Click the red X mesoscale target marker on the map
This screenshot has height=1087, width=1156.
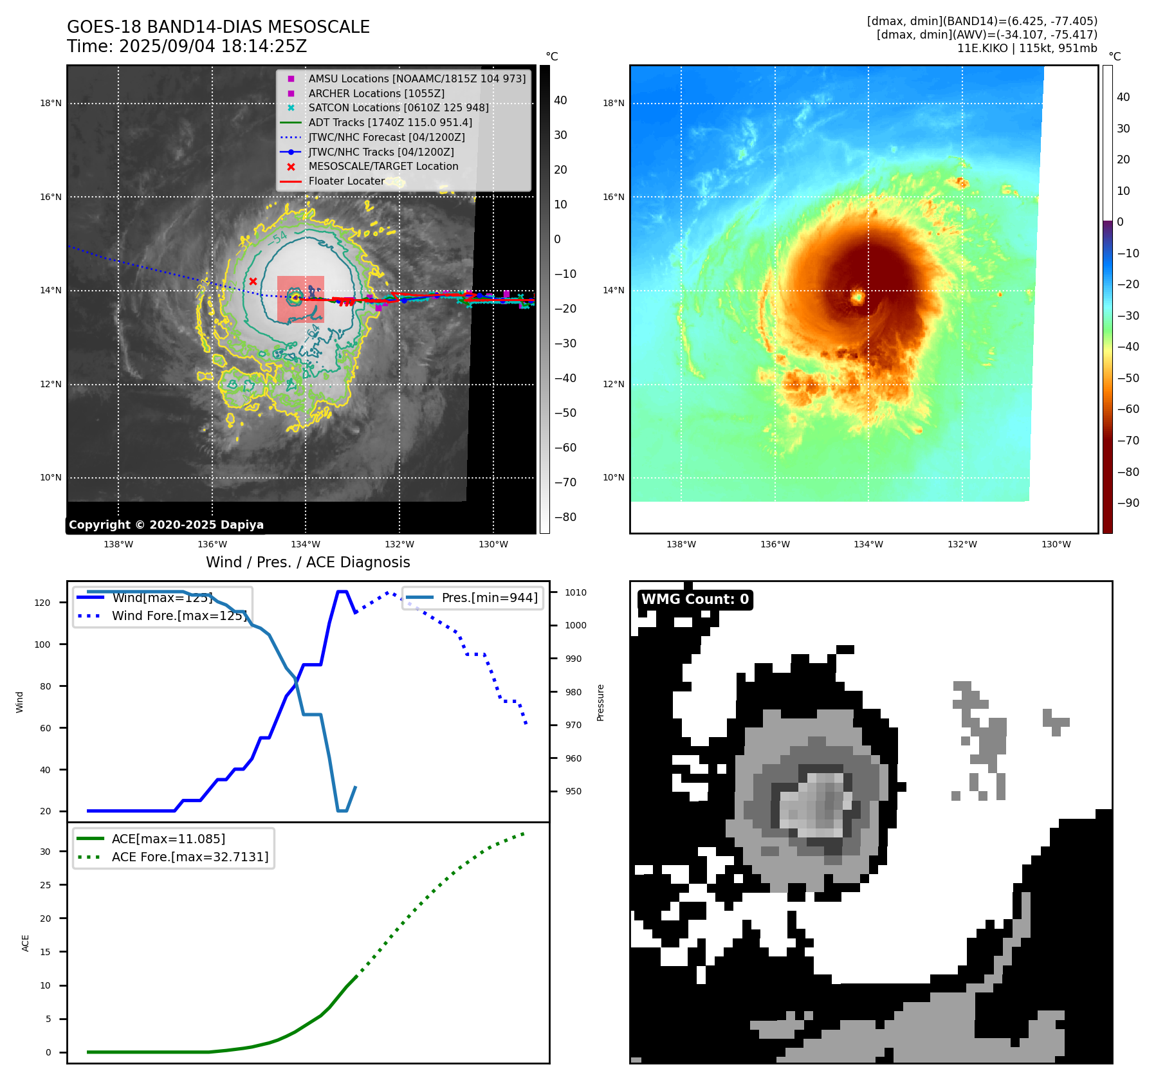pos(253,281)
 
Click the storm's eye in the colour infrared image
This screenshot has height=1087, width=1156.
pos(857,297)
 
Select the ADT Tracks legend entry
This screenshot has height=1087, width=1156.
pos(390,122)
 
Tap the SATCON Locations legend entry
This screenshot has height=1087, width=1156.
pos(398,107)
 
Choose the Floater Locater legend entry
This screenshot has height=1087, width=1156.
pos(346,181)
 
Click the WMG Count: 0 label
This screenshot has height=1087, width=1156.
pos(695,599)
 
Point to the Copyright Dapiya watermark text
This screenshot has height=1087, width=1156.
pos(166,525)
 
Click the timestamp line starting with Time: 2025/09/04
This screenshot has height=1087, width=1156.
pos(187,46)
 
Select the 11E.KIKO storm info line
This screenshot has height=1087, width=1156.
pos(1027,48)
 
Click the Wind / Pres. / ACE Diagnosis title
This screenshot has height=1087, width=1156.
pos(307,562)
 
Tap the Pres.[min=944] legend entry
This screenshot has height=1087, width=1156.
pos(490,598)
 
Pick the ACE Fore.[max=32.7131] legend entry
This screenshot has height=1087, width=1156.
pos(190,857)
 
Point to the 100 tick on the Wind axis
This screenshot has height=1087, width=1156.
pos(42,644)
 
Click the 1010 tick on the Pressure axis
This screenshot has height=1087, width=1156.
pos(576,592)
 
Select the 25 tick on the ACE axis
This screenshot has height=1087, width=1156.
pos(45,885)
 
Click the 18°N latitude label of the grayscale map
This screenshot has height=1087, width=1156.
pos(51,103)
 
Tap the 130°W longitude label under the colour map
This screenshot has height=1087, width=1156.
pos(1056,544)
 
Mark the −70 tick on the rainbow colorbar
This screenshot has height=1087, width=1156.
pos(1128,441)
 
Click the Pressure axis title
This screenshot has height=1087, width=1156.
pos(600,702)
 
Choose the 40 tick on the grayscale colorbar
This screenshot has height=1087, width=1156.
pos(560,100)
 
